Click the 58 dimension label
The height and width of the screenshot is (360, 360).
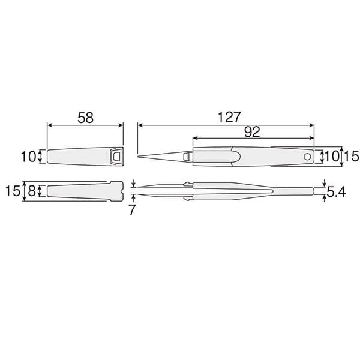coord(85,118)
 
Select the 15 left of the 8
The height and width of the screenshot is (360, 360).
coord(13,191)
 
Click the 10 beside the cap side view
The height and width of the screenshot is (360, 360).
coord(28,157)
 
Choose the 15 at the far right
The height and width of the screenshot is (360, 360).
coord(351,156)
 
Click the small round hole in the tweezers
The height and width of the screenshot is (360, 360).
coord(308,156)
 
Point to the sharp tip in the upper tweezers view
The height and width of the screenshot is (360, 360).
coord(139,157)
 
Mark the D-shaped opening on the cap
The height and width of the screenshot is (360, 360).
coord(116,157)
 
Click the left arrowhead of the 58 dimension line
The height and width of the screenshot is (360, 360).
coord(49,125)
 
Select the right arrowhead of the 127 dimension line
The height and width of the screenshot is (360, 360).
coord(312,125)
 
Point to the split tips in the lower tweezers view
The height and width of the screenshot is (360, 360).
coord(139,191)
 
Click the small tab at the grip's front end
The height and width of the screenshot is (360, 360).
coord(187,157)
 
